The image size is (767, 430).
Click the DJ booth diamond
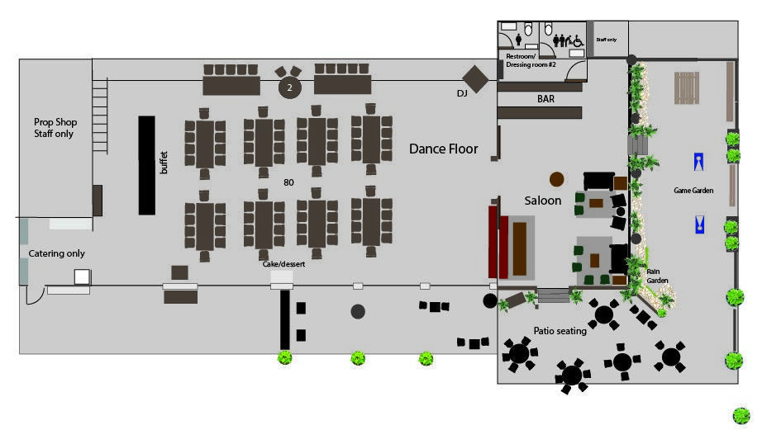tap(475, 80)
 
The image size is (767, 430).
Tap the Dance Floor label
tap(443, 149)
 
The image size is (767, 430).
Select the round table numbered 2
tap(289, 87)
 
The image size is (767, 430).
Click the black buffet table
tap(146, 165)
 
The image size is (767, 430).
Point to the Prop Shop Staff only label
tap(55, 127)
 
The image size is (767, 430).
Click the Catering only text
tap(57, 253)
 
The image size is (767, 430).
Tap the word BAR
tap(545, 99)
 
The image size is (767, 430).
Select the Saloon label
tap(543, 201)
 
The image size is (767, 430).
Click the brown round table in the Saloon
tap(557, 178)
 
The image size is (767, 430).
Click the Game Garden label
tap(693, 191)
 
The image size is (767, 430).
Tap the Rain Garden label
tap(658, 275)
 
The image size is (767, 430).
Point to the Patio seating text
tap(560, 331)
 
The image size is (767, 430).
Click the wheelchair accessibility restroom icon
tap(579, 40)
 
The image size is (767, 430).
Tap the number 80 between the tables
tap(288, 182)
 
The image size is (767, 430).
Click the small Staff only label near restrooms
tap(606, 39)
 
